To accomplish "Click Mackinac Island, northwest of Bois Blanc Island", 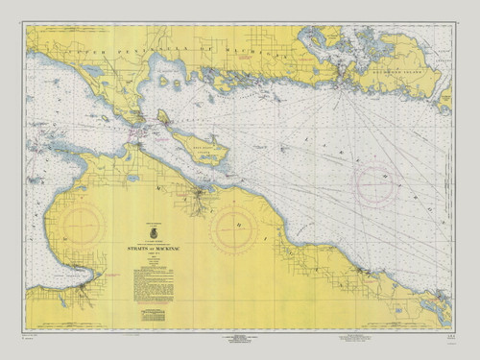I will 163,117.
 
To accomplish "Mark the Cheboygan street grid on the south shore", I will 200,199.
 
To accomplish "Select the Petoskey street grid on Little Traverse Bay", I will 85,286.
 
